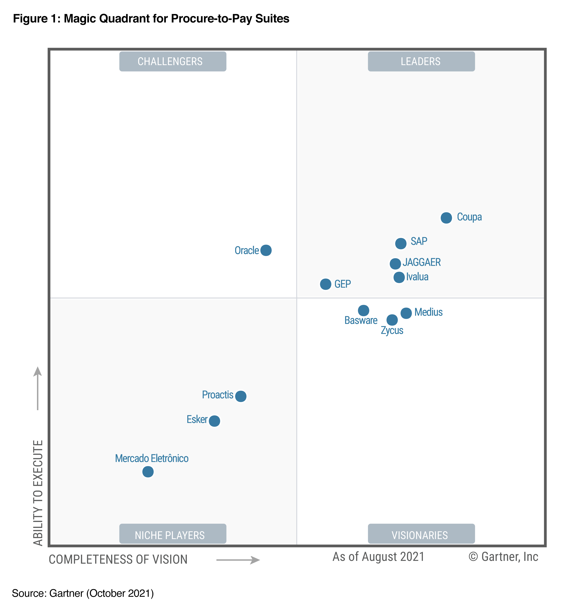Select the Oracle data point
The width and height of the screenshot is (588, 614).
click(x=266, y=250)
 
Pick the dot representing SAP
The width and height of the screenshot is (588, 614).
click(x=401, y=243)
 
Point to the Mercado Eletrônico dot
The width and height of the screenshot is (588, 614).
click(x=148, y=471)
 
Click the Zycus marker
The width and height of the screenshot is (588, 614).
click(x=392, y=320)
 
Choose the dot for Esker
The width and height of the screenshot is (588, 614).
click(x=214, y=421)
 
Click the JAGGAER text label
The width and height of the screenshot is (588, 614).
click(x=421, y=262)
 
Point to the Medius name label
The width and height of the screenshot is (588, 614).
click(x=428, y=312)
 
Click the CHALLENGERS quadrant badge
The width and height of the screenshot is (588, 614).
click(x=173, y=61)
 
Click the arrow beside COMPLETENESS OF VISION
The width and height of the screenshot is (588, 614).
click(x=238, y=560)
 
